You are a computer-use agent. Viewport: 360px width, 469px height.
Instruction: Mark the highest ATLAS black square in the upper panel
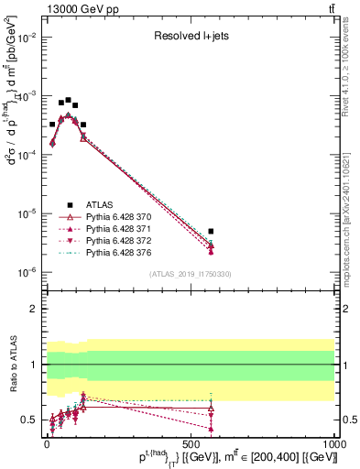68,100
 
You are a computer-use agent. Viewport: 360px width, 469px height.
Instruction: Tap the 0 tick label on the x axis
46,442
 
